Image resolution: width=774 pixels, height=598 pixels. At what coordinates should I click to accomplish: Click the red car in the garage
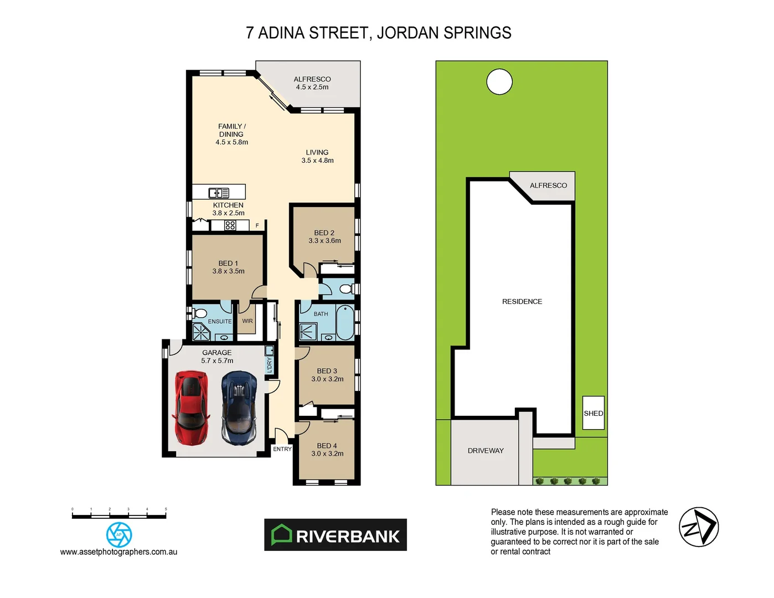pos(191,408)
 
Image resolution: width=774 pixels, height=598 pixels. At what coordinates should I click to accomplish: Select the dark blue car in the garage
pos(239,408)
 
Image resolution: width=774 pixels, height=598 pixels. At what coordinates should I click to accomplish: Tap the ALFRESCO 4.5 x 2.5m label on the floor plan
pos(312,83)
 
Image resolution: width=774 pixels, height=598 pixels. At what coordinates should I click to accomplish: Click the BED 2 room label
pos(324,237)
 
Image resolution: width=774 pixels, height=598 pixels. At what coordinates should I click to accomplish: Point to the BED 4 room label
pos(327,450)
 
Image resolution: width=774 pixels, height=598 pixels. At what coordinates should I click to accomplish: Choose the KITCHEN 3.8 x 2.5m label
pos(228,209)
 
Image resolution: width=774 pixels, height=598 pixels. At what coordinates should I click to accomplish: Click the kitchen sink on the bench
pos(219,193)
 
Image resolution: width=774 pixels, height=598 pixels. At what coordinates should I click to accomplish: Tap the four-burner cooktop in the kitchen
pos(230,225)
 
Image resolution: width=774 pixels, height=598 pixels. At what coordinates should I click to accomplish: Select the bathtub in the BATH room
pos(344,323)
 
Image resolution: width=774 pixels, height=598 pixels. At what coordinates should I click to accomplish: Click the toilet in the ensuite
pos(200,313)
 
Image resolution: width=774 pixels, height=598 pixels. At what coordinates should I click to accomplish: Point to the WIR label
pos(247,321)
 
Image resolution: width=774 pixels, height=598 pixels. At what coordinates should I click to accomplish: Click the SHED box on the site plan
pos(593,413)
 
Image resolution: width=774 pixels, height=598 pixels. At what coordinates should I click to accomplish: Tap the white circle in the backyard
pos(499,82)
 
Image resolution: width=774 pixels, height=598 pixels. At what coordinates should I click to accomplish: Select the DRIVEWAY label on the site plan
pos(486,451)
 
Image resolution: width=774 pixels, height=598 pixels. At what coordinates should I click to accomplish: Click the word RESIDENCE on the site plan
pos(522,302)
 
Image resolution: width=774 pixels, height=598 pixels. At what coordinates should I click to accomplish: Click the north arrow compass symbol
pos(699,527)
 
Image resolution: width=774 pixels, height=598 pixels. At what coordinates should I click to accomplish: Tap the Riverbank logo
pos(336,535)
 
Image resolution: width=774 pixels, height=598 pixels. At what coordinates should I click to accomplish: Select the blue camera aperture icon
pos(119,535)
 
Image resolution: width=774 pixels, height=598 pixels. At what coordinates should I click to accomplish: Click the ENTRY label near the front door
pos(282,449)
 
